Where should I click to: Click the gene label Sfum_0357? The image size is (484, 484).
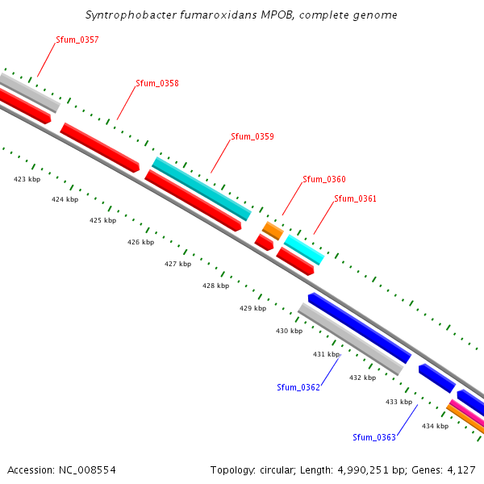click(x=77, y=40)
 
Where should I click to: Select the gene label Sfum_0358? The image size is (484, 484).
click(x=157, y=83)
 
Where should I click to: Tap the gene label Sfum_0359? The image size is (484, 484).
click(x=252, y=136)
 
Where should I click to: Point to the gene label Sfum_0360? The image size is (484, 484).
click(x=323, y=179)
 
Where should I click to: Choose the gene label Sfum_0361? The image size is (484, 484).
click(x=355, y=198)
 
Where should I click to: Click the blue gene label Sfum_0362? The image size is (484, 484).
click(x=298, y=387)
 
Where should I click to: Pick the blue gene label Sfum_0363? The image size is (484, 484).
click(x=374, y=437)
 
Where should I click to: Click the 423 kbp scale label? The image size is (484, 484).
click(x=27, y=179)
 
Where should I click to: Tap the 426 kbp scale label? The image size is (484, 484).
click(x=140, y=242)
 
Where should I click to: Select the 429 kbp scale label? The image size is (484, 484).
click(x=252, y=308)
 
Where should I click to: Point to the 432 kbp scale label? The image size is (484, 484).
click(x=362, y=378)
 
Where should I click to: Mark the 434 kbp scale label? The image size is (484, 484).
click(x=435, y=426)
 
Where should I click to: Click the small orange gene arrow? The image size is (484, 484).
click(x=273, y=231)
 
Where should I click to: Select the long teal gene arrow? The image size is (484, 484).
click(x=202, y=189)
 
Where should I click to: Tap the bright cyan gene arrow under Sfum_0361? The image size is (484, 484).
click(x=304, y=250)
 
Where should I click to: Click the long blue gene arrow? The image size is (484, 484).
click(x=360, y=328)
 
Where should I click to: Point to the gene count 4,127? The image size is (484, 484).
click(x=461, y=469)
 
